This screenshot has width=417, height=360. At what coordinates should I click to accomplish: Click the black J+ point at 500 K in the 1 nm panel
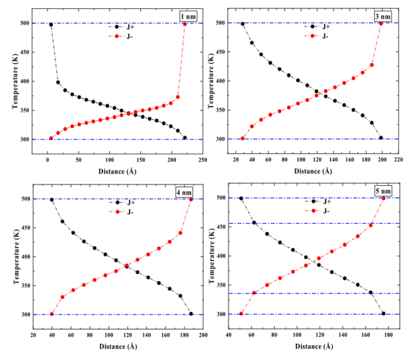[51, 24]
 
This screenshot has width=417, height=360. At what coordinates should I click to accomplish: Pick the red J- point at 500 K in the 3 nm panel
[380, 23]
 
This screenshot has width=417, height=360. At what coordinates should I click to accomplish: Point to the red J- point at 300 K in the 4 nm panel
[52, 314]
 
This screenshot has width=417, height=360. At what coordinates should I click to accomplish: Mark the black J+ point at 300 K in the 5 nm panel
[384, 313]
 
